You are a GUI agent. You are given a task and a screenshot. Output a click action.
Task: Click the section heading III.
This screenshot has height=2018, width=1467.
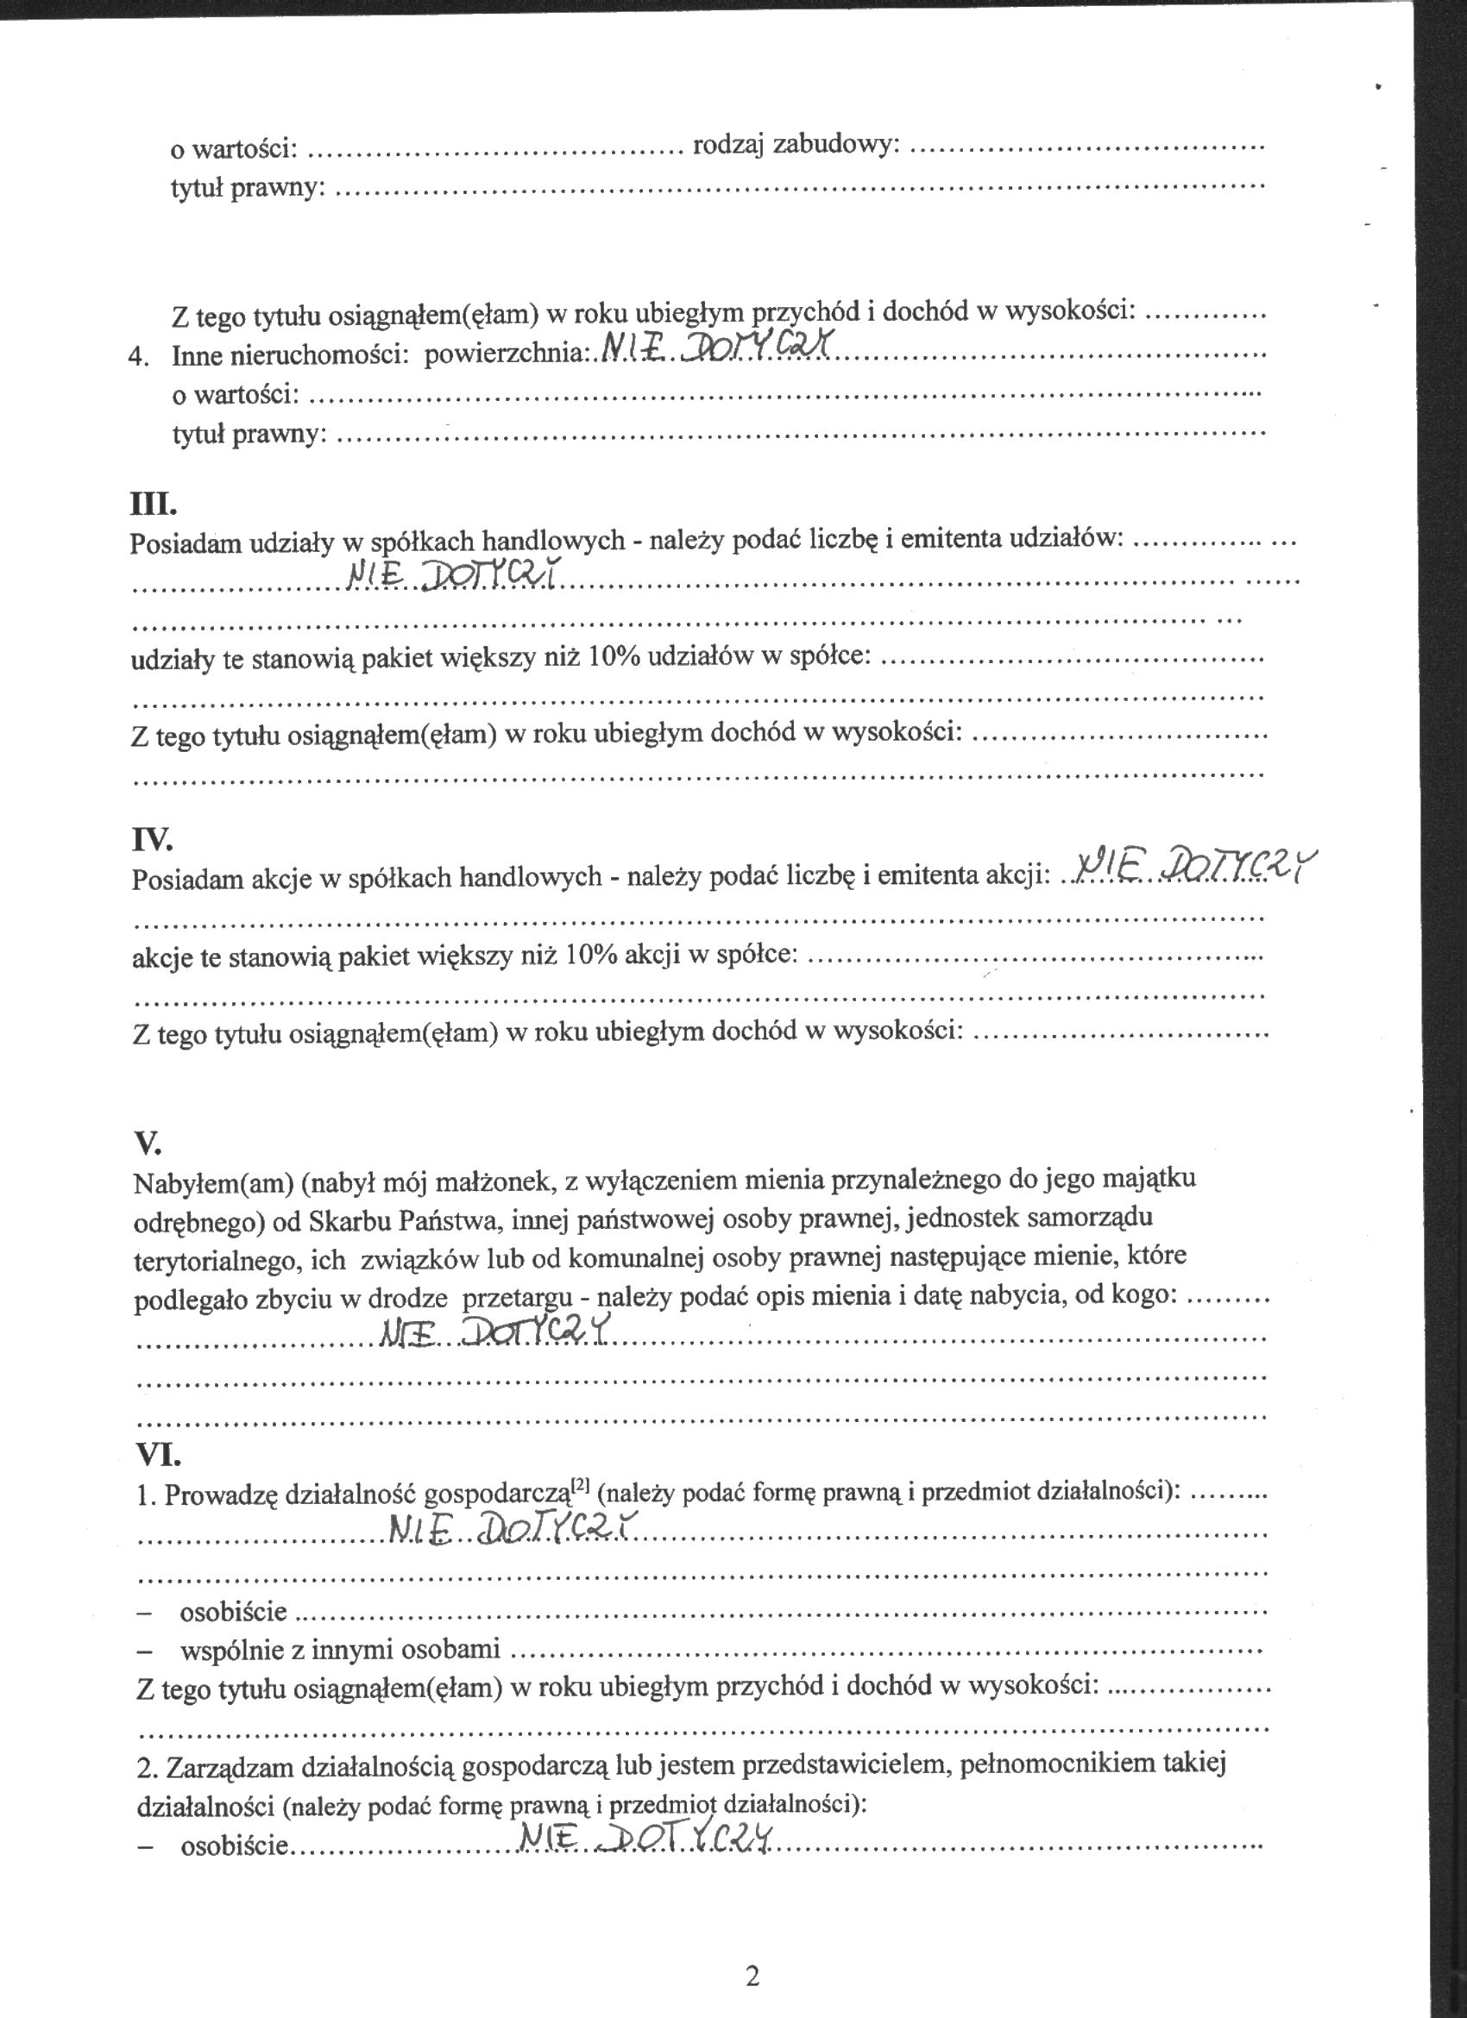[x=153, y=504]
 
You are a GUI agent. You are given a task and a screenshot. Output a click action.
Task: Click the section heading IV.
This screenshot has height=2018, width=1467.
[x=151, y=839]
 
